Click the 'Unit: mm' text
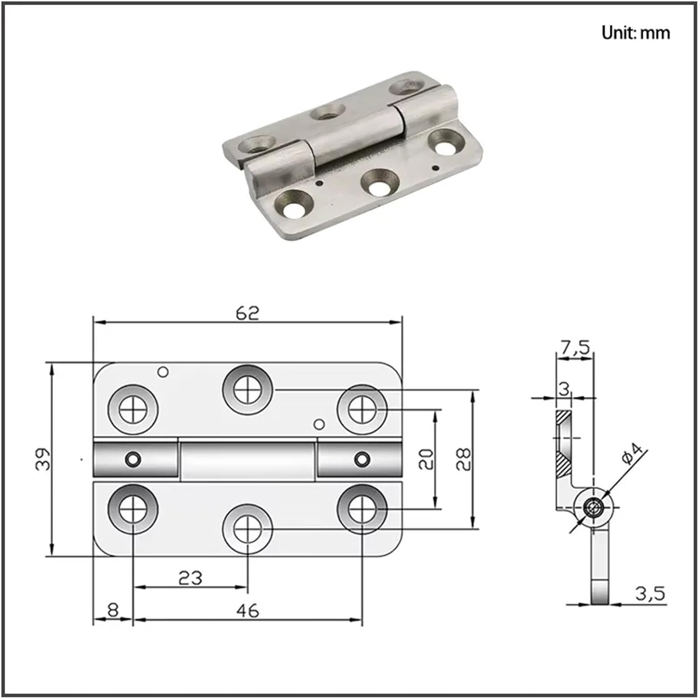(636, 33)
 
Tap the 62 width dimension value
(247, 313)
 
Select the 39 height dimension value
(43, 459)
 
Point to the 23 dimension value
(191, 578)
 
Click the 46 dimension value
(247, 610)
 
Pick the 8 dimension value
(113, 610)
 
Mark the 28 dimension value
(464, 459)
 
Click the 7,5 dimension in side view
(575, 347)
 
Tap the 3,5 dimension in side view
(650, 594)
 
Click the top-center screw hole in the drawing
(247, 390)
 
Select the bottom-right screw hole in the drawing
(362, 508)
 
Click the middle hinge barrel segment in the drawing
(247, 460)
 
